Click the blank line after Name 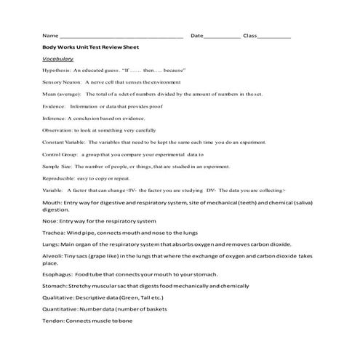[x=120, y=36]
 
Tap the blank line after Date [x=222, y=36]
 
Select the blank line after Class [x=274, y=36]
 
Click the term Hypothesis [x=57, y=71]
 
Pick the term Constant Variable [x=64, y=142]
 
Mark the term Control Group [x=60, y=154]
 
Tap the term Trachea [x=55, y=233]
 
